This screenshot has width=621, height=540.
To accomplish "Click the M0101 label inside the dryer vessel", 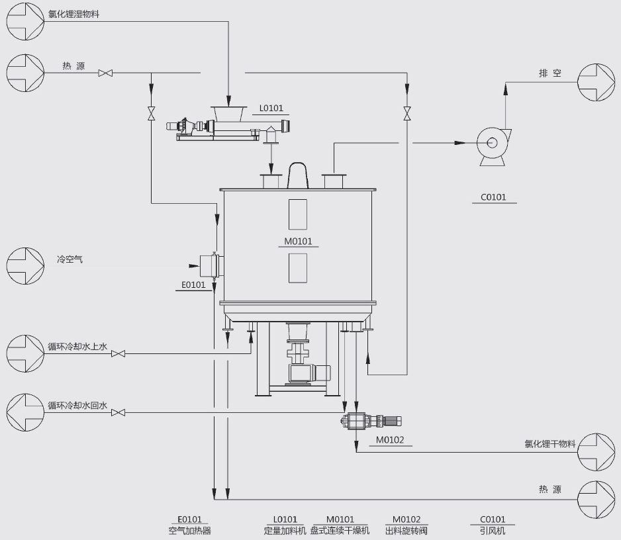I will (298, 242).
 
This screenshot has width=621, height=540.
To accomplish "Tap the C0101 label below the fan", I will (493, 197).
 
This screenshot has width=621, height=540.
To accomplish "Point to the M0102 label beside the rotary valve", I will (389, 439).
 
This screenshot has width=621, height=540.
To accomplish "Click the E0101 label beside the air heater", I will (194, 285).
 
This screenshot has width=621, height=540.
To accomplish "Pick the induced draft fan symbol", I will (493, 144).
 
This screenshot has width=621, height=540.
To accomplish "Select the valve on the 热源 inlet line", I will (105, 73).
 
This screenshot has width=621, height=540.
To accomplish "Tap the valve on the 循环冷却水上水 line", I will (119, 354).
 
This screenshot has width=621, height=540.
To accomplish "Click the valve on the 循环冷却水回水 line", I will (119, 413).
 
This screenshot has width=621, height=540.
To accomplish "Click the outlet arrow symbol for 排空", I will (596, 83).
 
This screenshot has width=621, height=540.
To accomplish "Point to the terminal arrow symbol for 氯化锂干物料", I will (596, 452).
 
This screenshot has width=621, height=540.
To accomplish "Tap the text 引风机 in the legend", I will (493, 530).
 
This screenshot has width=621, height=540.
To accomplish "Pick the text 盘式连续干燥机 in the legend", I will (340, 530).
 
